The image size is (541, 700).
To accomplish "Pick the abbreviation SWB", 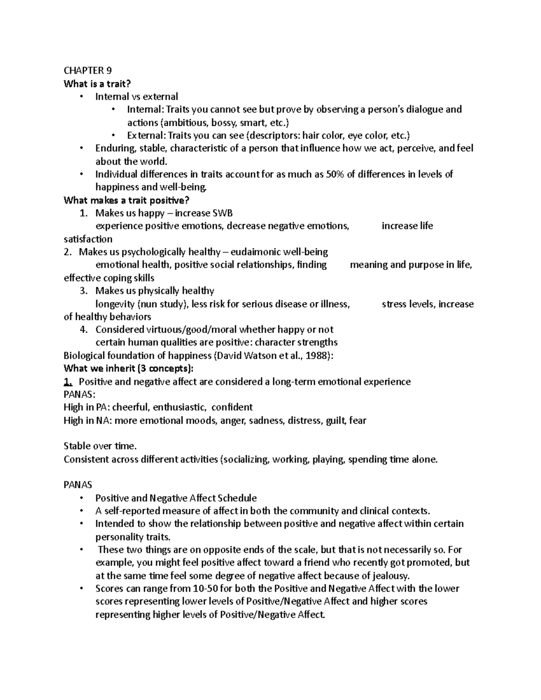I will (x=223, y=213).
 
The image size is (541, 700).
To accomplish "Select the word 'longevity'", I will (x=115, y=304).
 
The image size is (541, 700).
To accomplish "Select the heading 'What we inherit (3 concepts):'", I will (x=128, y=369).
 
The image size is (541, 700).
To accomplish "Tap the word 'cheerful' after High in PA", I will (x=130, y=407).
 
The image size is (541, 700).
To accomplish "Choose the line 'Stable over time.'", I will (x=100, y=446).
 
